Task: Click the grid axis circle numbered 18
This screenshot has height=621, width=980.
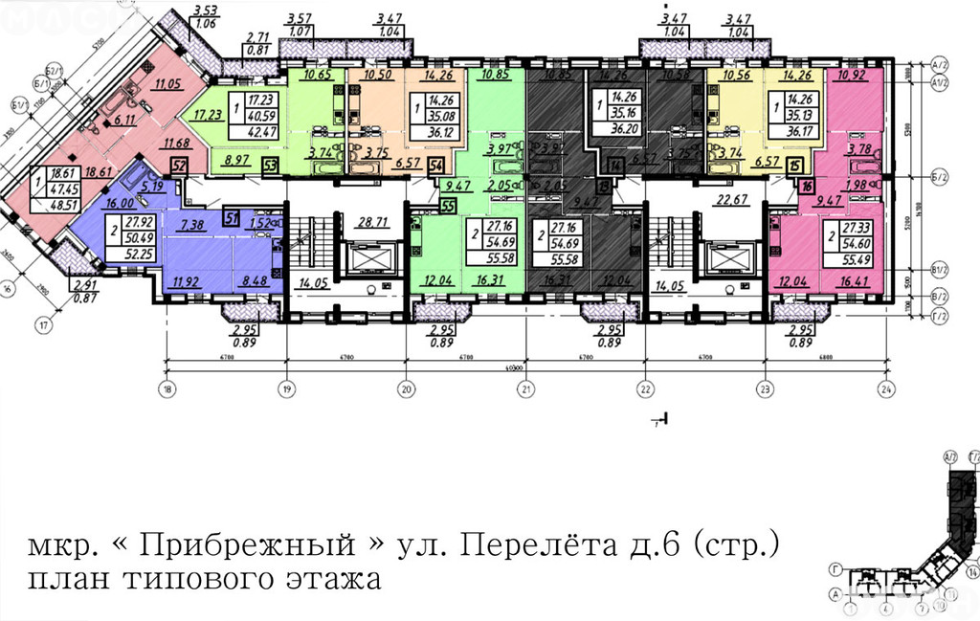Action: pyautogui.click(x=168, y=388)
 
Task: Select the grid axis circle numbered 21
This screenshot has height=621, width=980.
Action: pyautogui.click(x=525, y=388)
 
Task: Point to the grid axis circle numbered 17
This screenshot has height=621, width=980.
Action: pyautogui.click(x=42, y=324)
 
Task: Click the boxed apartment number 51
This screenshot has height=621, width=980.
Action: pyautogui.click(x=232, y=217)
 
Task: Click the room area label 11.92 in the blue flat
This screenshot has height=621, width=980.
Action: pyautogui.click(x=187, y=282)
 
